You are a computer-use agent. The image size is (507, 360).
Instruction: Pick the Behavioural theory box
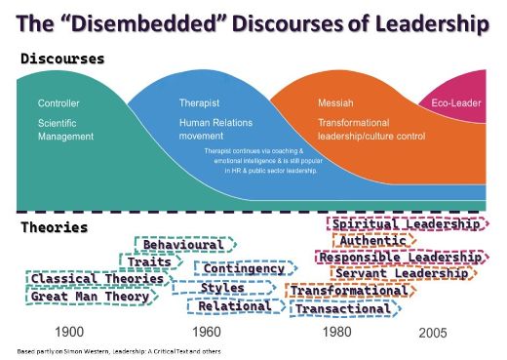point(184,244)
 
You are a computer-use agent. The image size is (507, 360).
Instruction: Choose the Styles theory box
point(222,288)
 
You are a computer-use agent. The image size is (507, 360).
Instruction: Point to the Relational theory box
point(235,306)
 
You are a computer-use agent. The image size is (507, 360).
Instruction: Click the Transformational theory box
point(348,291)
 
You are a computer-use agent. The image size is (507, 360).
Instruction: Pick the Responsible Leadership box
point(401,258)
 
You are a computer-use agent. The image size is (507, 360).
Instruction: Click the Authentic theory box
point(374,241)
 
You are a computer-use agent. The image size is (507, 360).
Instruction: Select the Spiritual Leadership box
point(407,224)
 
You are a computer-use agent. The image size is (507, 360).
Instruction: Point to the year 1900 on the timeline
point(70,332)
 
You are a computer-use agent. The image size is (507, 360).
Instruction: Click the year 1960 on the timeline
point(207,332)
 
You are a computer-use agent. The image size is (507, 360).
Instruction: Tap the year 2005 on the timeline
point(434,333)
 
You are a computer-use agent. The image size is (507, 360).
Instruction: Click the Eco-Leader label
point(455,102)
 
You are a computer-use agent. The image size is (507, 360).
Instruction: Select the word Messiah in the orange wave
point(335,102)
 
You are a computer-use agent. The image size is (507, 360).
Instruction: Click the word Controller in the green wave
point(58,102)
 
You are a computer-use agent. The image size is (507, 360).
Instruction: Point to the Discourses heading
point(62,60)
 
